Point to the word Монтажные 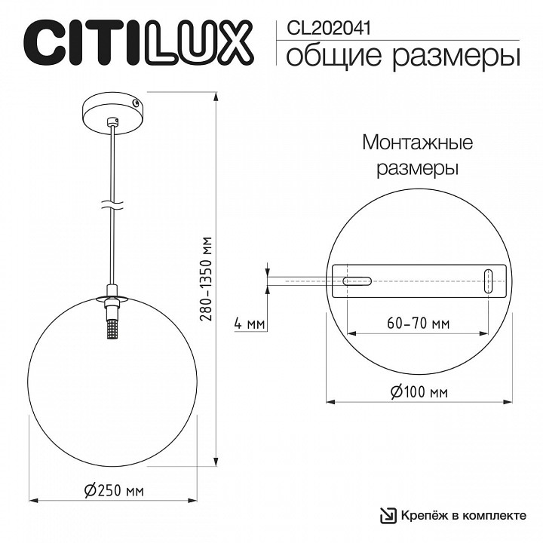pos(418,143)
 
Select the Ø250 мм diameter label pos(115,491)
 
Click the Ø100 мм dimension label pos(419,392)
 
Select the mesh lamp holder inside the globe pos(112,329)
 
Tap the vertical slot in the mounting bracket pos(488,281)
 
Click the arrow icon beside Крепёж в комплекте pos(388,515)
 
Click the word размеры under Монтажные pos(418,167)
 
